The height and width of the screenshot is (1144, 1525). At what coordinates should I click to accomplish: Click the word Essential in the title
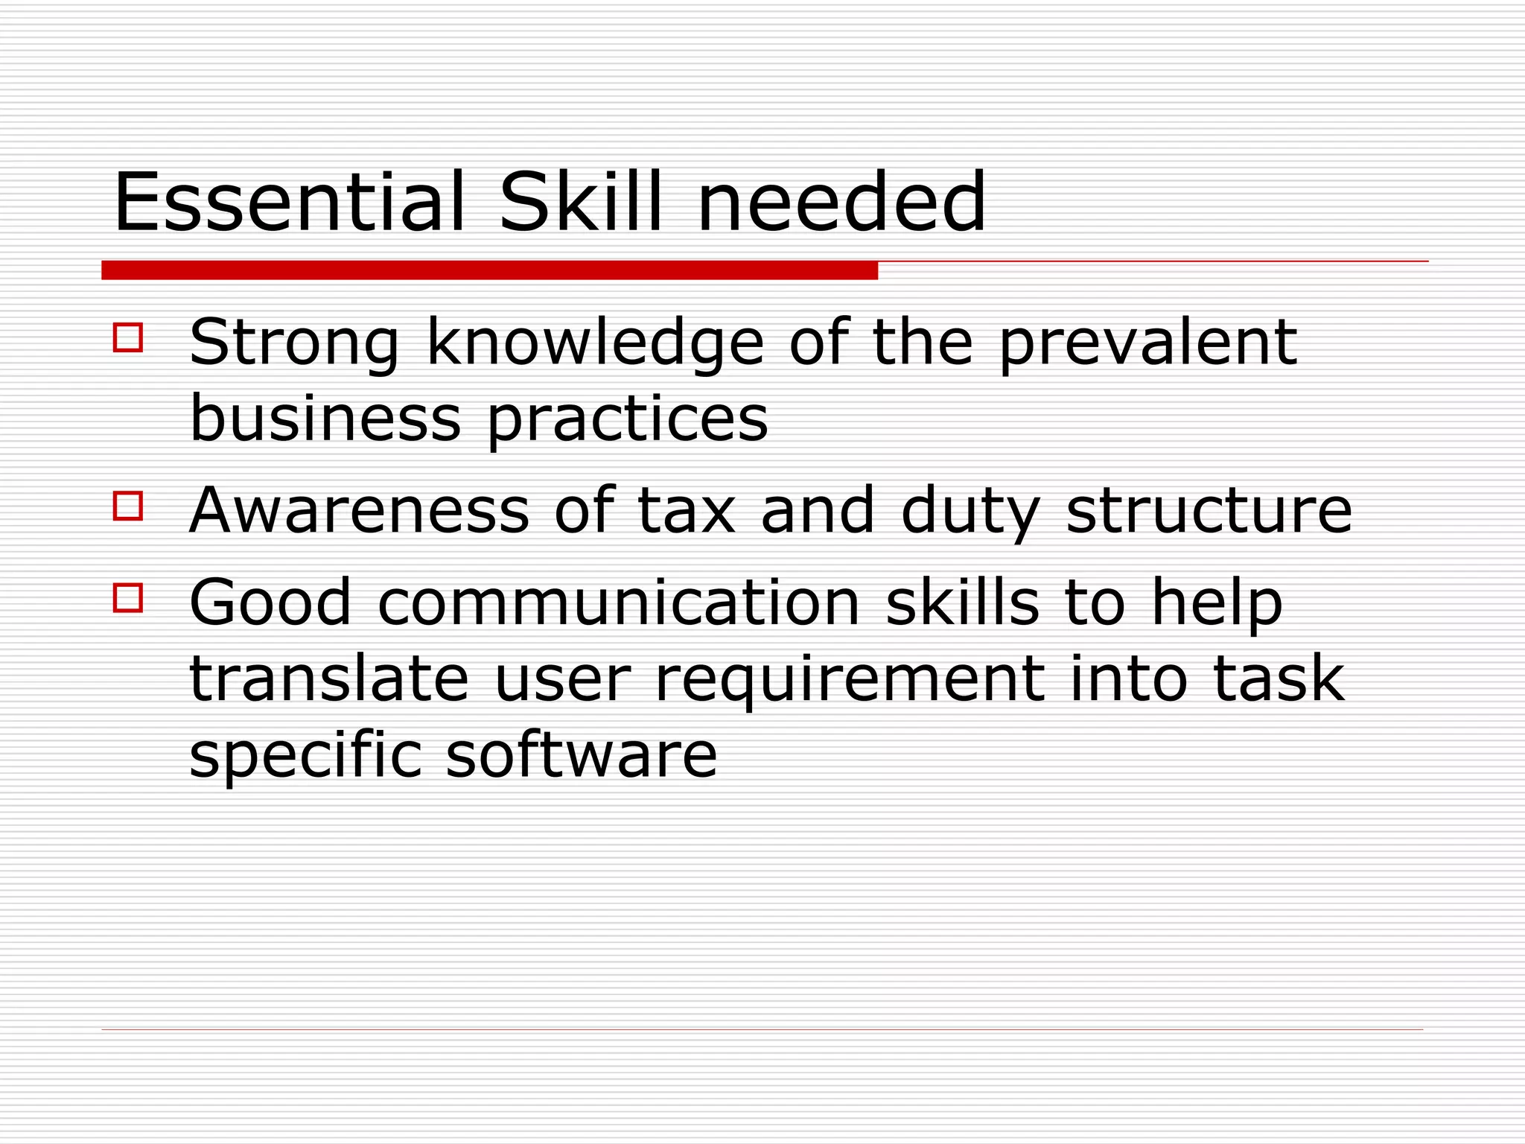[x=289, y=203]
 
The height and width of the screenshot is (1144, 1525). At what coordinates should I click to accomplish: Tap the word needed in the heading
[x=841, y=203]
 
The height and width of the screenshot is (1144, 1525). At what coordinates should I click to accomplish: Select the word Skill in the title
[x=580, y=203]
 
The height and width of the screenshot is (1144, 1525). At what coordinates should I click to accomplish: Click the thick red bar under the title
[x=489, y=270]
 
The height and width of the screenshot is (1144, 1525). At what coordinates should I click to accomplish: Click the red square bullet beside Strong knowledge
[x=128, y=337]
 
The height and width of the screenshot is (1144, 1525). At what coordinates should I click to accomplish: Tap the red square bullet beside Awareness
[x=128, y=506]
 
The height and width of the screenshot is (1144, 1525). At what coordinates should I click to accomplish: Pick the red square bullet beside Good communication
[x=128, y=597]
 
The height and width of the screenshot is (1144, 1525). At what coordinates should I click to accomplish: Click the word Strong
[x=294, y=344]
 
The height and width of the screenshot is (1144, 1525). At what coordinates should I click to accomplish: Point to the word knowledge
[x=595, y=344]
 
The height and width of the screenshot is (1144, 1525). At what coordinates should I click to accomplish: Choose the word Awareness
[x=359, y=511]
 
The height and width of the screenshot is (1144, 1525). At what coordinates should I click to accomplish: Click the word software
[x=581, y=754]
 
